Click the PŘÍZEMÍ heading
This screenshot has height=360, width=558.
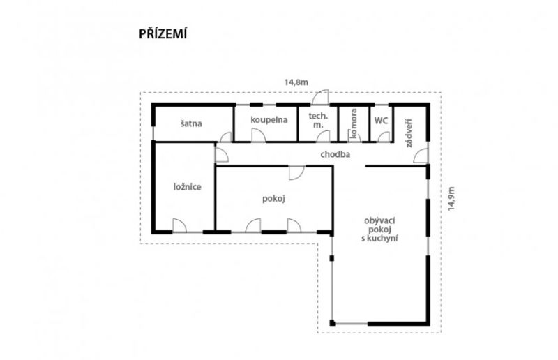pyautogui.click(x=163, y=33)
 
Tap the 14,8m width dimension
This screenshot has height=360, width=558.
pyautogui.click(x=296, y=82)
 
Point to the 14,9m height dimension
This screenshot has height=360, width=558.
pyautogui.click(x=451, y=198)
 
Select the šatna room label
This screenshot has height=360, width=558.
pyautogui.click(x=191, y=123)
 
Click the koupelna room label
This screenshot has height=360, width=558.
pyautogui.click(x=269, y=119)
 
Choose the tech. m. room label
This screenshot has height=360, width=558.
pyautogui.click(x=318, y=121)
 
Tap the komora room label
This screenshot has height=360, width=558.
pyautogui.click(x=353, y=123)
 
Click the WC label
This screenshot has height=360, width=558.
pyautogui.click(x=381, y=121)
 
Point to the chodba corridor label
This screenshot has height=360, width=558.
pyautogui.click(x=335, y=154)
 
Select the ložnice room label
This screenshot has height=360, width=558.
pyautogui.click(x=187, y=186)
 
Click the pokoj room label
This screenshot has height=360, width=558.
pyautogui.click(x=273, y=198)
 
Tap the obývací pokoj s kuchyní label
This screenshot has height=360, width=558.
pyautogui.click(x=379, y=230)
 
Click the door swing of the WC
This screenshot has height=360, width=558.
pyautogui.click(x=384, y=137)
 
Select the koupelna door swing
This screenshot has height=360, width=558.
pyautogui.click(x=258, y=135)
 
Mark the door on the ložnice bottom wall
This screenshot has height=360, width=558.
pyautogui.click(x=179, y=225)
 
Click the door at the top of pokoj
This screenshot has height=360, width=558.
pyautogui.click(x=296, y=173)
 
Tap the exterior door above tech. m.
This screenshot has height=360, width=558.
pyautogui.click(x=320, y=97)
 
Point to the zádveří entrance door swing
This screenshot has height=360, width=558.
pyautogui.click(x=421, y=156)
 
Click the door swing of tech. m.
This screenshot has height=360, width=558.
pyautogui.click(x=324, y=136)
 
